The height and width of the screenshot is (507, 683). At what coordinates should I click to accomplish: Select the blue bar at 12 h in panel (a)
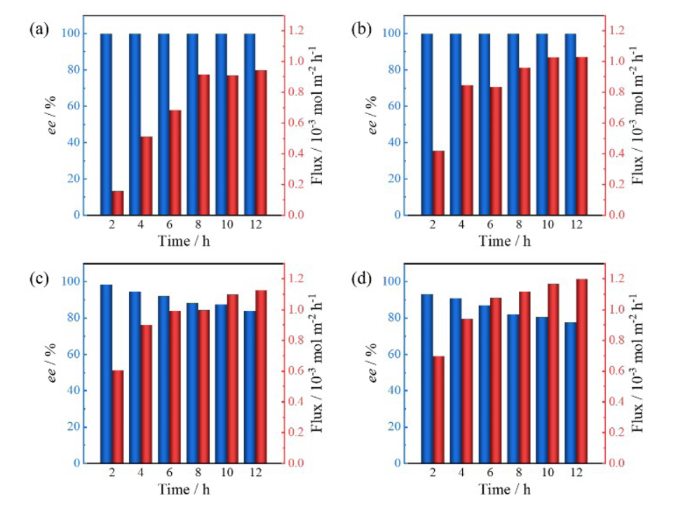(250, 124)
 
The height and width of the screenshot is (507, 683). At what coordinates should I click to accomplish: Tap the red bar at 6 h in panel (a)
(175, 162)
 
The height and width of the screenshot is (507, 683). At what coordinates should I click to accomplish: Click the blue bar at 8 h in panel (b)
(513, 124)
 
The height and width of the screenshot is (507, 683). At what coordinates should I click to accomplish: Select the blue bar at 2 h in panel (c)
(107, 374)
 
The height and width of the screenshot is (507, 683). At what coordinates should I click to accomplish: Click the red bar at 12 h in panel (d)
(582, 371)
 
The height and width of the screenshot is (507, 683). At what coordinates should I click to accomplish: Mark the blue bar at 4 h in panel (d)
(456, 381)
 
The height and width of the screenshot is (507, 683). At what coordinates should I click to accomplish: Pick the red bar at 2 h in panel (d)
(438, 410)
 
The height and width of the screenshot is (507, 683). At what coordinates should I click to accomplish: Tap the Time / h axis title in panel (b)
(505, 241)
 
